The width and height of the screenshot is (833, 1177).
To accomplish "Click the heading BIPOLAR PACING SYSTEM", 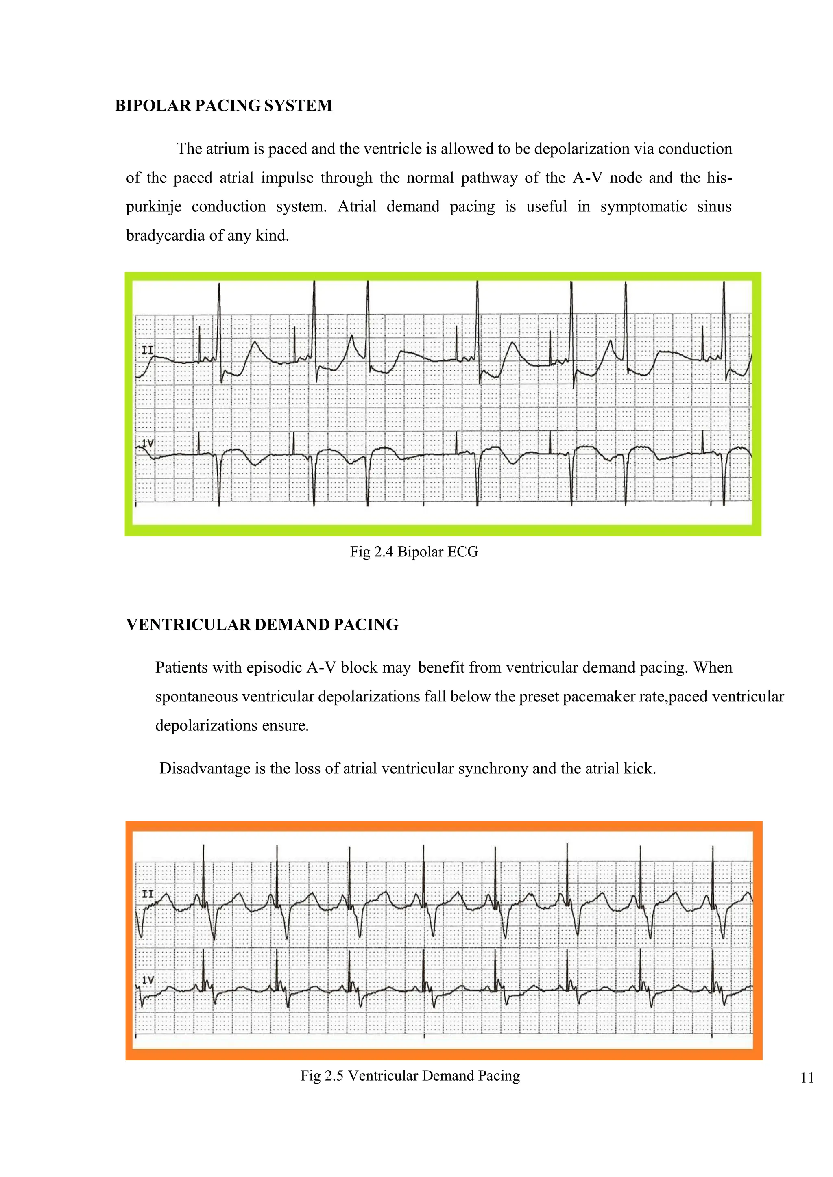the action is pos(224,106).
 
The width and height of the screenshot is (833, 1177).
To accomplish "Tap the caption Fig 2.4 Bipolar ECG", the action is pos(414,552).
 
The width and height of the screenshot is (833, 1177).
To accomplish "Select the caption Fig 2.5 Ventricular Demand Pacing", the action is pos(410,1075).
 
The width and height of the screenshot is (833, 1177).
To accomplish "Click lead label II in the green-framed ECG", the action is pos(147,351).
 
